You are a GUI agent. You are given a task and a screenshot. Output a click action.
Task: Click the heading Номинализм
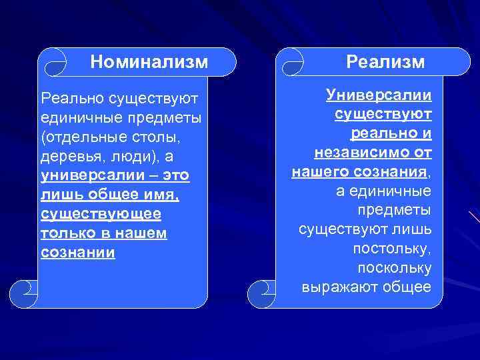[149, 62]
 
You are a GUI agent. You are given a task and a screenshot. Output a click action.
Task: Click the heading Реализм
[385, 62]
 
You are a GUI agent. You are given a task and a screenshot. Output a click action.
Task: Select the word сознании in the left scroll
[78, 253]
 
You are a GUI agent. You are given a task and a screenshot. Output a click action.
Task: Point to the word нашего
[317, 172]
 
